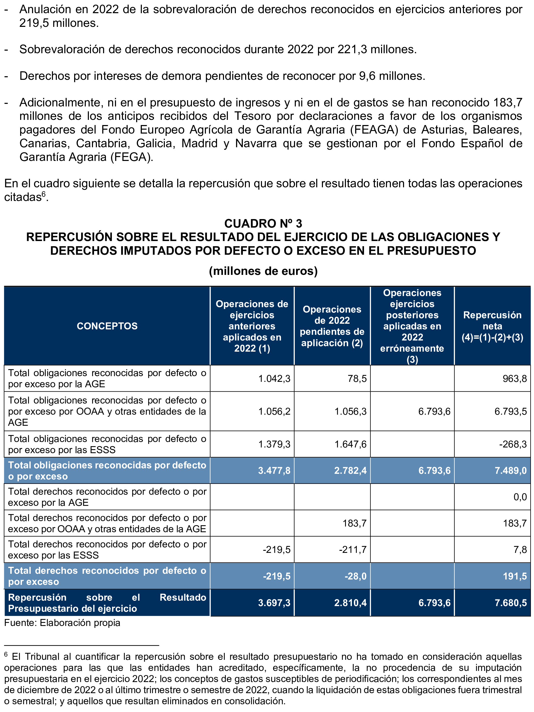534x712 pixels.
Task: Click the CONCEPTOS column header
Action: click(x=107, y=326)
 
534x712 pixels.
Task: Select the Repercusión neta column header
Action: click(x=492, y=326)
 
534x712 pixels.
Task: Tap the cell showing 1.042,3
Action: click(x=274, y=378)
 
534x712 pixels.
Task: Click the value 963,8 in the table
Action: click(x=515, y=378)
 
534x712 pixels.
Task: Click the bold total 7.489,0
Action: click(x=510, y=471)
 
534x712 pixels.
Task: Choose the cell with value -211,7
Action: click(x=353, y=550)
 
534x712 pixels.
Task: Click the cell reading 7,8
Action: click(x=520, y=550)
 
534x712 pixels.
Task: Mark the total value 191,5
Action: click(x=515, y=576)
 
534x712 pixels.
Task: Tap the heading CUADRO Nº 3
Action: click(x=263, y=223)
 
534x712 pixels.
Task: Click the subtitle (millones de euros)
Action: click(x=263, y=271)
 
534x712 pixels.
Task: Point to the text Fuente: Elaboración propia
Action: click(x=62, y=623)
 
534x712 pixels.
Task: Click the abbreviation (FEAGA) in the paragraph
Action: click(x=374, y=130)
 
